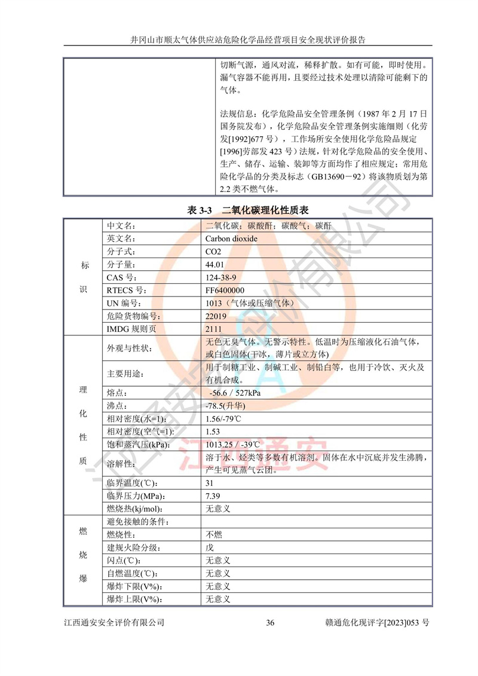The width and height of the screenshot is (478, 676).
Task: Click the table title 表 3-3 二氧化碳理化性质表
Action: tap(248, 209)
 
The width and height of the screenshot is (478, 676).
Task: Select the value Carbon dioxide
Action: tap(231, 238)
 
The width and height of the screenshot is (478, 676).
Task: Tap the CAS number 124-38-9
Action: tap(220, 277)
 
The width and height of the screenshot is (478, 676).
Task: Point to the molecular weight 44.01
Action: tap(214, 264)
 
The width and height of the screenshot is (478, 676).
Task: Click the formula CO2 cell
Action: tap(213, 252)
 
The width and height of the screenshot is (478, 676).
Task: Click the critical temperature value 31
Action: tap(209, 482)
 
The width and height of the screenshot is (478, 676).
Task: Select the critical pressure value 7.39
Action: tap(213, 495)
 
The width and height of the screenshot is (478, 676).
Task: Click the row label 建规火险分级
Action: tap(134, 547)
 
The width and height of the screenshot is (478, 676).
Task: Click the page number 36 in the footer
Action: tap(270, 623)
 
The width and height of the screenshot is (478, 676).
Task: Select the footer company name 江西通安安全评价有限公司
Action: tap(114, 623)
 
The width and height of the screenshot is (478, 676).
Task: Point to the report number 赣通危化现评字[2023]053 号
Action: tap(375, 623)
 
